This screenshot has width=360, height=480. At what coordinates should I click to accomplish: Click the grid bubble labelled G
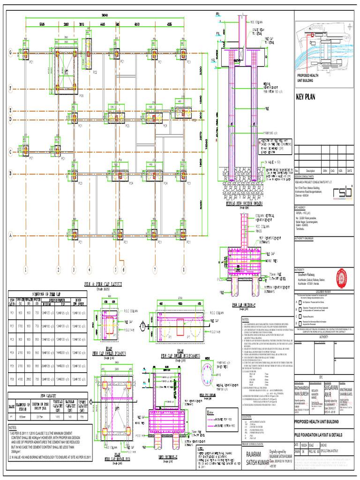point(10,53)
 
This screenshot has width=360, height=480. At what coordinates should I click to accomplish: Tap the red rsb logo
point(342,193)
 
